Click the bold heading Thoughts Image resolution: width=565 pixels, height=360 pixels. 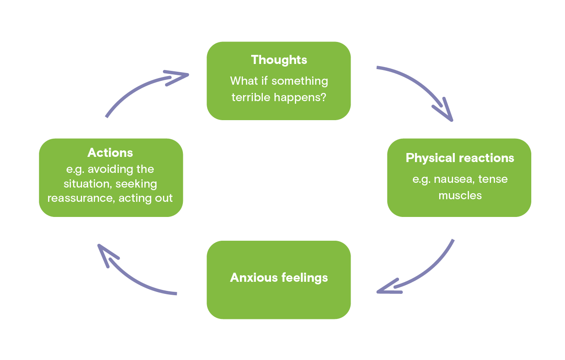(279, 60)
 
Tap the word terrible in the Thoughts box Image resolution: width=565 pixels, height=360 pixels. (251, 97)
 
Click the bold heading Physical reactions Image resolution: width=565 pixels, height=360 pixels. (460, 158)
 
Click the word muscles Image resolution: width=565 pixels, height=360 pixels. (460, 195)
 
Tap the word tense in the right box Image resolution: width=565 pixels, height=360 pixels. (493, 179)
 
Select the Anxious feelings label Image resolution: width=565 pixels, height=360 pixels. (279, 277)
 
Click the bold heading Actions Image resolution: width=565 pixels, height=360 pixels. (110, 153)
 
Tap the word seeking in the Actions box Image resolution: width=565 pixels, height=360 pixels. (136, 184)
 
